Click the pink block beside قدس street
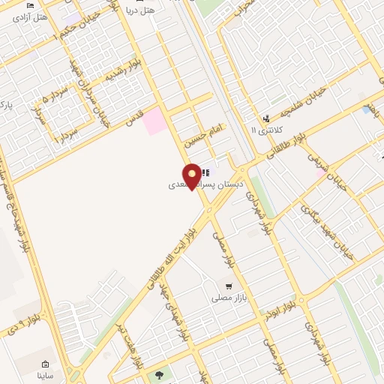(155, 121)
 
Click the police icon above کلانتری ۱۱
(266, 118)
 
